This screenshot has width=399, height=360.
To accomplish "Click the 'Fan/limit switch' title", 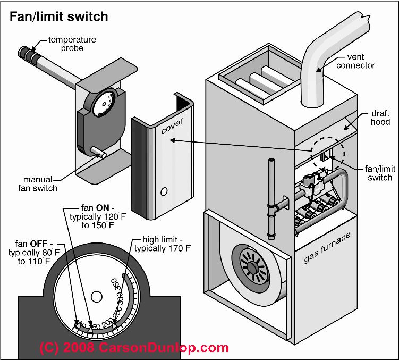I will [x=58, y=16].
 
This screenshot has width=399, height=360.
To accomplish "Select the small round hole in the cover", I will [x=164, y=190].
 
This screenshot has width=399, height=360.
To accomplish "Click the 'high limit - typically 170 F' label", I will [x=162, y=244].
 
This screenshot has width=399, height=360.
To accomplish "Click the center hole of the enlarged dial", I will [x=96, y=296].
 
